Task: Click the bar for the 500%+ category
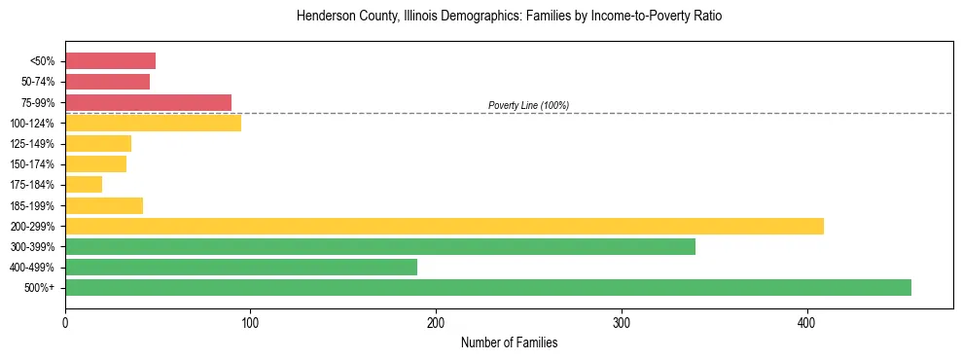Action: [x=487, y=287]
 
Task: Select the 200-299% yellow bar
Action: [x=444, y=226]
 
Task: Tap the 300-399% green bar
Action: [x=379, y=246]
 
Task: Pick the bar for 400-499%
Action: [x=240, y=267]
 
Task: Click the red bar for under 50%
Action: [x=110, y=61]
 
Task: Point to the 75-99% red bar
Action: [x=148, y=102]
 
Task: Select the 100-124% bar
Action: [x=153, y=123]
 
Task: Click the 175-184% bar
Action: [x=84, y=185]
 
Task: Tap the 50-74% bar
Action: [x=107, y=82]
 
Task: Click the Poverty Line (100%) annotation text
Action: [x=528, y=105]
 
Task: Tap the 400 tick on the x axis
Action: [x=806, y=322]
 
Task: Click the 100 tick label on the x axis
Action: [x=250, y=322]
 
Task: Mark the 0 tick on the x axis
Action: [x=65, y=322]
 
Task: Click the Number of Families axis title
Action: [x=509, y=343]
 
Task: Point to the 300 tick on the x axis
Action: [x=621, y=322]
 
